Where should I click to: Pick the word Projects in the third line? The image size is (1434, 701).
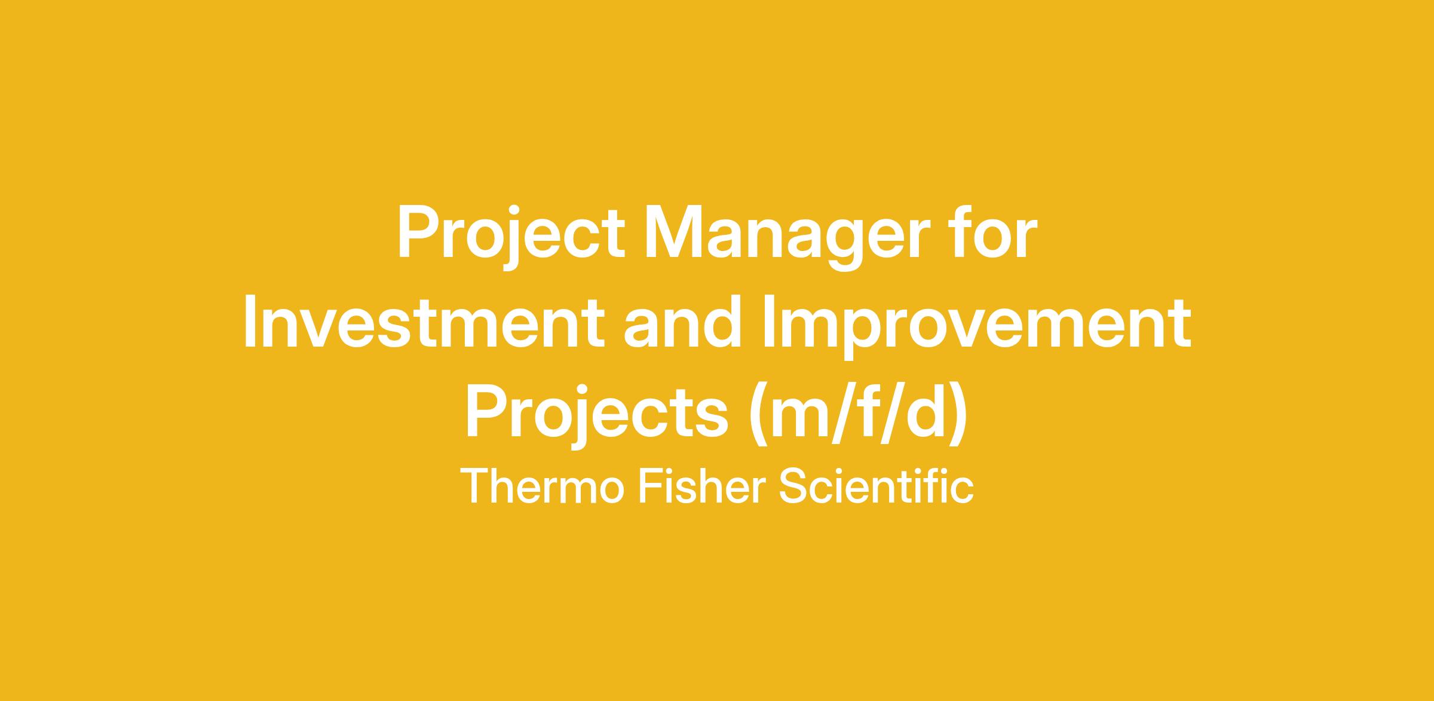596,415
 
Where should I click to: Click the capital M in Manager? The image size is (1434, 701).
676,233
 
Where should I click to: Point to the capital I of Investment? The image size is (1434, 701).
250,322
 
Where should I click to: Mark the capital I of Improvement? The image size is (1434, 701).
768,322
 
